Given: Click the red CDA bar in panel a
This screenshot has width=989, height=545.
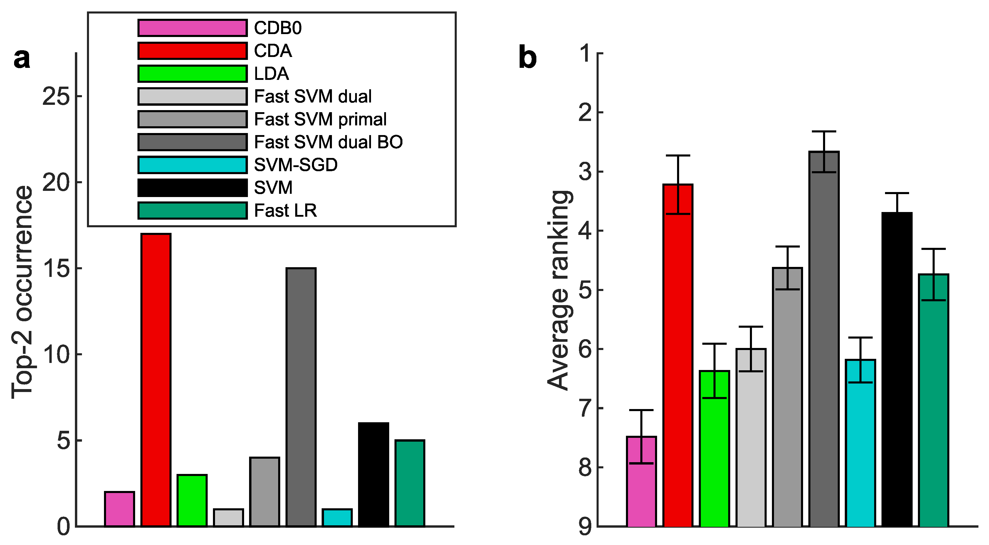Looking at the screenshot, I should tap(156, 380).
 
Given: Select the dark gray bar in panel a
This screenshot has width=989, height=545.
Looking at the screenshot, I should tap(301, 397).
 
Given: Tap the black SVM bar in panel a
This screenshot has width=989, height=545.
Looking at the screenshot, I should tap(374, 475).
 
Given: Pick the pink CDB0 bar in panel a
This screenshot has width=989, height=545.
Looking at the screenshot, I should tap(119, 509).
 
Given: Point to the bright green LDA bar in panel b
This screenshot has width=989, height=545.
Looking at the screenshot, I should tap(714, 449).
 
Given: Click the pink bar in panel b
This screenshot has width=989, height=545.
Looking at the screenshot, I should tap(641, 482).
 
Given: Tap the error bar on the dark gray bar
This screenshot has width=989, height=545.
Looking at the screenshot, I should tap(824, 152).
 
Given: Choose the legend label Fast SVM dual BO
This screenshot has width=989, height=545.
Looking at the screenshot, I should tap(328, 142).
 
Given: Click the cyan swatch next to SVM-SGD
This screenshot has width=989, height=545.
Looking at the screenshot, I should tap(192, 165).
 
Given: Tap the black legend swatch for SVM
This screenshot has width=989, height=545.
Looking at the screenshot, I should tap(192, 188).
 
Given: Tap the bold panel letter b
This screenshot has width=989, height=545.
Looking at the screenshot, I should tap(528, 58).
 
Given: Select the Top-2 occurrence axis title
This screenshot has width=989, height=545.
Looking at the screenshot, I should tap(22, 292).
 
